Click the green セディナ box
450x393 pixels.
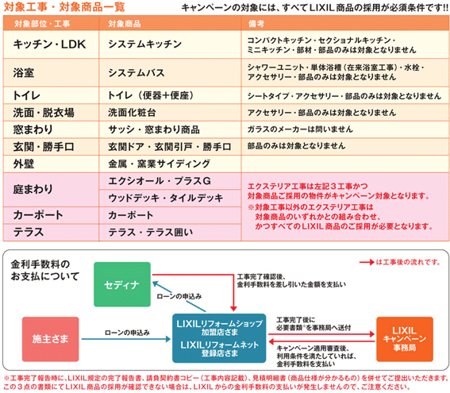pos(122,284)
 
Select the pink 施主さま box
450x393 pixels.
pos(50,339)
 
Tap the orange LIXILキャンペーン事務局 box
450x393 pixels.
pos(405,339)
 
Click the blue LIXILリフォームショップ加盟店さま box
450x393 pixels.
pos(219,338)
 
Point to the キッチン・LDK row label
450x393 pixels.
pos(49,44)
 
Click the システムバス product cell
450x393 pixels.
pos(137,72)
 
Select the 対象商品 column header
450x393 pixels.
pos(125,24)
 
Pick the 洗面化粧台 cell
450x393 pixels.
pos(132,113)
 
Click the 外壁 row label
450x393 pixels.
pos(24,164)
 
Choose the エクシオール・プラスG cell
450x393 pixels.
pos(160,181)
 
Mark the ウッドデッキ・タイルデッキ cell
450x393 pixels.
pos(166,198)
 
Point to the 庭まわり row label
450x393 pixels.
pos(33,189)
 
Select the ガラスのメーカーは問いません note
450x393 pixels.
pos(300,129)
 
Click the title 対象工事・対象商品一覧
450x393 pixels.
pos(64,7)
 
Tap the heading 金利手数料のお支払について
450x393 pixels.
pos(45,270)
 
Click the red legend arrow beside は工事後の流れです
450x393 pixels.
pos(367,262)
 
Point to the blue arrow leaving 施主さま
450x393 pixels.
pos(126,339)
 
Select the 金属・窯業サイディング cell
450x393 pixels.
pos(160,164)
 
